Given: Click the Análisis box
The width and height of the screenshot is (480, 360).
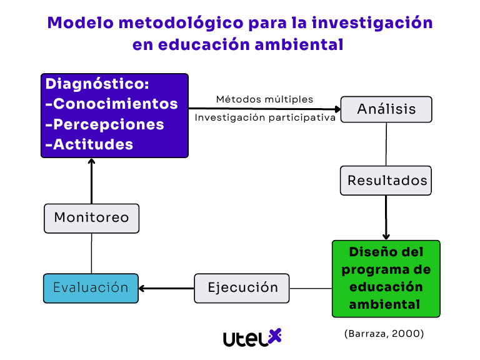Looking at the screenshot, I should click(x=386, y=109).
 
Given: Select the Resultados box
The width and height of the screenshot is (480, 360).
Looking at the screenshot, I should click(x=387, y=181).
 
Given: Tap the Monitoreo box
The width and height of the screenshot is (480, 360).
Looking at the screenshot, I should click(x=91, y=217).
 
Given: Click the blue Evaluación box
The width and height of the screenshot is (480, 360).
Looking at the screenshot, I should click(x=91, y=288).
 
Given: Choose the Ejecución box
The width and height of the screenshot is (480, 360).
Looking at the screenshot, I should click(x=242, y=288).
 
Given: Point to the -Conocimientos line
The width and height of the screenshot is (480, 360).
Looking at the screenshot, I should click(x=112, y=104).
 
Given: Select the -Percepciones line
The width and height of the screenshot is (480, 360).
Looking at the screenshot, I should click(x=105, y=124).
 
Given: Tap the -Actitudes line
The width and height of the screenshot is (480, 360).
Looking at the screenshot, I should click(x=89, y=144).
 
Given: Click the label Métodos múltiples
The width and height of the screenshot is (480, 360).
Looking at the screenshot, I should click(x=264, y=99).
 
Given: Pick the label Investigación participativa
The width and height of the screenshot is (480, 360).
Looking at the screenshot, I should click(x=265, y=117).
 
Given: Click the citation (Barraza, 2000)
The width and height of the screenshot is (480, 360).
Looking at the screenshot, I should click(x=384, y=334).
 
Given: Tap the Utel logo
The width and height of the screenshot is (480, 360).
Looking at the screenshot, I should click(x=252, y=337).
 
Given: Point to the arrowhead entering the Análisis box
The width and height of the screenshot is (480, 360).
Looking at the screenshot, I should click(x=336, y=109).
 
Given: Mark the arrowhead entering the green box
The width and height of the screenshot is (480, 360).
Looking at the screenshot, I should click(x=386, y=236).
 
